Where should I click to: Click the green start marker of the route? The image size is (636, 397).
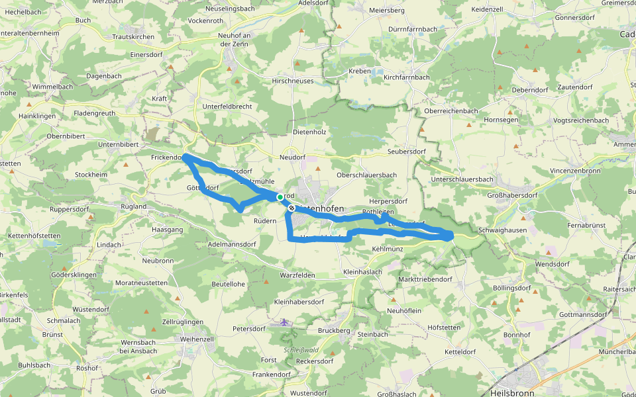click(x=280, y=197)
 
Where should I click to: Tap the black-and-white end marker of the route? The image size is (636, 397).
click(x=291, y=208)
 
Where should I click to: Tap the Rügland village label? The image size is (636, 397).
click(x=132, y=206)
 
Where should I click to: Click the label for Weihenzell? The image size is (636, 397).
click(x=197, y=339)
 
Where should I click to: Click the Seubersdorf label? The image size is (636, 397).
click(x=406, y=152)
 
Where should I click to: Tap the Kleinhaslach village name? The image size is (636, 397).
click(x=362, y=272)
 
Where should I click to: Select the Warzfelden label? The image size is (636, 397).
click(x=297, y=275)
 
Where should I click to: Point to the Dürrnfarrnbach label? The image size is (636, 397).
click(x=412, y=29)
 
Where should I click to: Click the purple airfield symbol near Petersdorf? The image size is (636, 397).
click(x=284, y=322)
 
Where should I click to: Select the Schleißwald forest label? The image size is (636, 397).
click(x=301, y=349)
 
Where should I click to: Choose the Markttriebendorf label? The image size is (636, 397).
click(x=425, y=279)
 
